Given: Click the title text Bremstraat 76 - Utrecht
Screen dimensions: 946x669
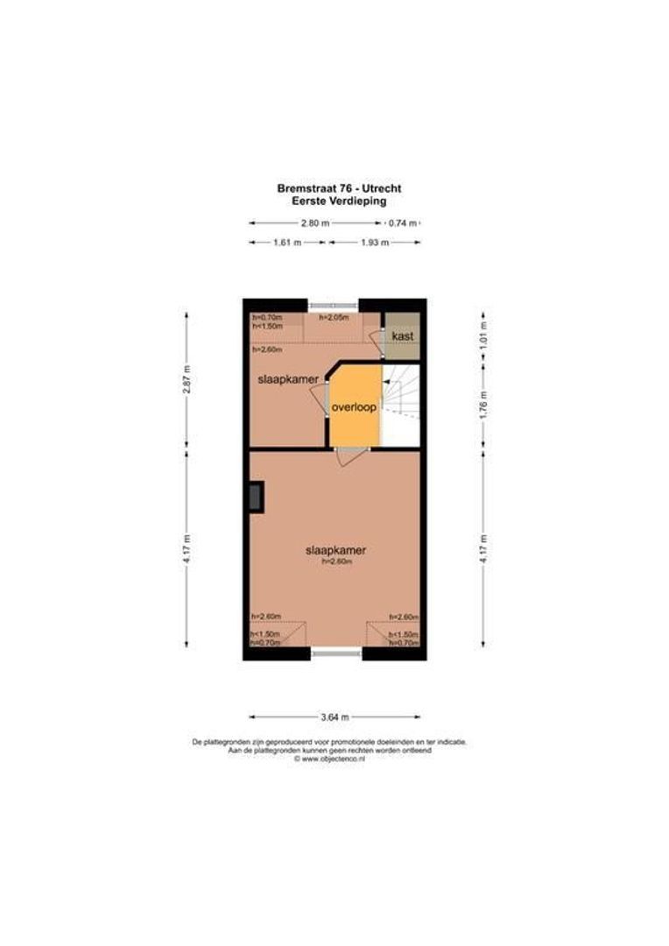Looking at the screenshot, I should (x=339, y=187).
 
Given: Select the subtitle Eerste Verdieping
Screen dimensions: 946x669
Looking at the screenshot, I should (x=339, y=200).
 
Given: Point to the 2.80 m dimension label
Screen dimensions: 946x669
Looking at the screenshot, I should (x=315, y=223).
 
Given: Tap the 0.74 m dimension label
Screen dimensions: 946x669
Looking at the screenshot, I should (x=402, y=223).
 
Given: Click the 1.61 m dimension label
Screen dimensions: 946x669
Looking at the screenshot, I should (x=288, y=243).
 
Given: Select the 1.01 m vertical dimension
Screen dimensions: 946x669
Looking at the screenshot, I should (x=482, y=334).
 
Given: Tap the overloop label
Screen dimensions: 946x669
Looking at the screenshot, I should (x=354, y=408).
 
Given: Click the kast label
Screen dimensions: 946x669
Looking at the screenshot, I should (x=403, y=336).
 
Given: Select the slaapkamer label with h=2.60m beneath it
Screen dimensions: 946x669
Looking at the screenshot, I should (x=334, y=551).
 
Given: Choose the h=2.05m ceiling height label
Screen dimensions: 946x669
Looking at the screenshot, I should (x=334, y=317).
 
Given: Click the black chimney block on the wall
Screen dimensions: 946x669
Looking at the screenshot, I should (x=256, y=497).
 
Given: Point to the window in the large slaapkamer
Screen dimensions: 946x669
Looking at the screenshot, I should (x=337, y=653).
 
